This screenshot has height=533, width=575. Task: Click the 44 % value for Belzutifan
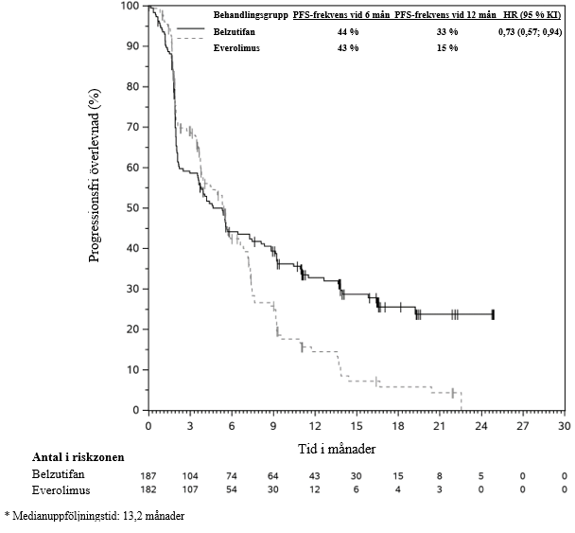tap(349, 31)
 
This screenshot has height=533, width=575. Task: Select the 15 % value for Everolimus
tap(447, 47)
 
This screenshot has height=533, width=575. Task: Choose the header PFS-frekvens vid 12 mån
tap(444, 15)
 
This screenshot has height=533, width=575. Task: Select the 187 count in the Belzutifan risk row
tap(148, 474)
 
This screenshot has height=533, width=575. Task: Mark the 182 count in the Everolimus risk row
tap(148, 489)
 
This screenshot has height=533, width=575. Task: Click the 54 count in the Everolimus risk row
tap(232, 489)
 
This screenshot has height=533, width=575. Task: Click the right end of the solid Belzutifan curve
tap(493, 313)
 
